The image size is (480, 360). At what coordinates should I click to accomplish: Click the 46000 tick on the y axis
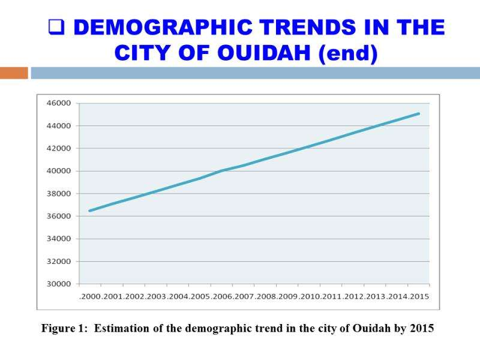pyautogui.click(x=59, y=103)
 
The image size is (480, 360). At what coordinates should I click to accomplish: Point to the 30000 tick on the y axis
pyautogui.click(x=59, y=284)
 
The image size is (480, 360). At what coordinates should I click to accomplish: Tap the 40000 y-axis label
pyautogui.click(x=59, y=171)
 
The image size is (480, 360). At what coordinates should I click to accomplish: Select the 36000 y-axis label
pyautogui.click(x=59, y=216)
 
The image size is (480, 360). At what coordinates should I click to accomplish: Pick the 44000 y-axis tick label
pyautogui.click(x=59, y=126)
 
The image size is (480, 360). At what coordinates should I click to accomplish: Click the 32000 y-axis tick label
pyautogui.click(x=59, y=262)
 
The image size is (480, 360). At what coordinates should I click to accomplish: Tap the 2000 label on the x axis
pyautogui.click(x=90, y=297)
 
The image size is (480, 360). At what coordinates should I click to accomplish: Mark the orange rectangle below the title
pyautogui.click(x=14, y=73)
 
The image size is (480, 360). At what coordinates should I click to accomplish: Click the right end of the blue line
pyautogui.click(x=419, y=113)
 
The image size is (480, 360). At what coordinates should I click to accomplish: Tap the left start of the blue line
pyautogui.click(x=89, y=211)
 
